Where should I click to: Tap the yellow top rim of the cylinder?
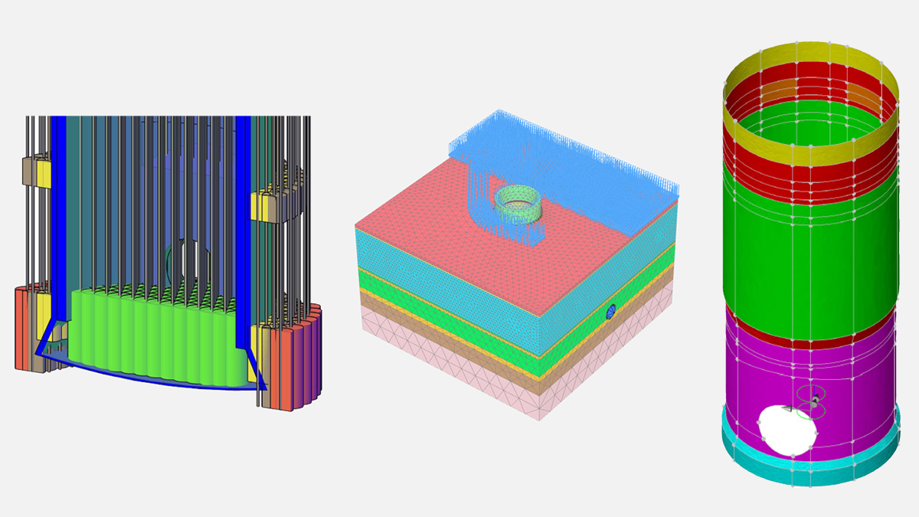point(812,57)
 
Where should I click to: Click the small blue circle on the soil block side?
point(611,311)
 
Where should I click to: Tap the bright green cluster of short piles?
point(153,337)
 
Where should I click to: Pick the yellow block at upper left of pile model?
point(43,172)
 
